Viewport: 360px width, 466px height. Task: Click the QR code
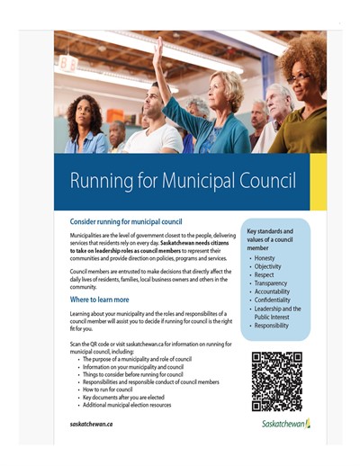point(276,380)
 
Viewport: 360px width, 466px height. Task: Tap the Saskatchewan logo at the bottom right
point(280,422)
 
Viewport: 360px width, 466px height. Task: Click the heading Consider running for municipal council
point(126,220)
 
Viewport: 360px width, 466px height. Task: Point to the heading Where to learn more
point(99,299)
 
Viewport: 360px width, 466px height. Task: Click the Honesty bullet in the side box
point(268,257)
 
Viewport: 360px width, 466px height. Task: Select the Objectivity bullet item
point(272,266)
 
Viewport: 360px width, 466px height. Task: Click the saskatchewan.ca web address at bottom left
point(92,423)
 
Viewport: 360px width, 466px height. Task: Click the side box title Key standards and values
point(276,236)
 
